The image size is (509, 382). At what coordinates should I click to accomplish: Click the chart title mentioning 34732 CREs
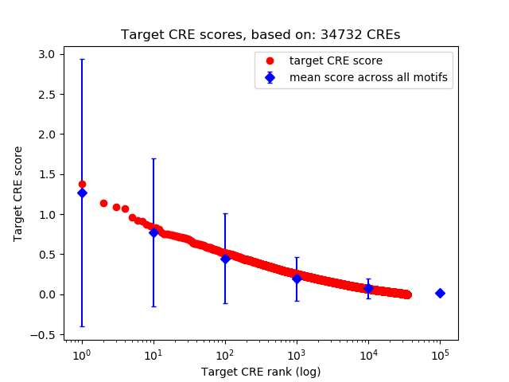click(x=260, y=35)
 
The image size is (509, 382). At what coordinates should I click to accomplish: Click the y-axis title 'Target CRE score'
click(x=18, y=193)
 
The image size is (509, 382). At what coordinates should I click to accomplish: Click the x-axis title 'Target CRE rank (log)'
click(x=260, y=372)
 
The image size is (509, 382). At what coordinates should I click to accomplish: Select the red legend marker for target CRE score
click(x=270, y=60)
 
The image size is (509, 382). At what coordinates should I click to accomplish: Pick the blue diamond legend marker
click(x=270, y=77)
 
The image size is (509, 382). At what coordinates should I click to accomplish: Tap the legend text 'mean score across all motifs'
click(x=369, y=77)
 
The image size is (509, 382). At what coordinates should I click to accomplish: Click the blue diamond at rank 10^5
click(x=440, y=293)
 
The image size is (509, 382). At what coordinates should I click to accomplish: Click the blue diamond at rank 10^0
click(x=82, y=193)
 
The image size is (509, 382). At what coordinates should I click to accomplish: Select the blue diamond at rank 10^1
click(x=153, y=232)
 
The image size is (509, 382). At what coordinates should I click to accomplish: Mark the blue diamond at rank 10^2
click(x=225, y=259)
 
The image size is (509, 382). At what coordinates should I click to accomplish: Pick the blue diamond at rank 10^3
click(x=297, y=279)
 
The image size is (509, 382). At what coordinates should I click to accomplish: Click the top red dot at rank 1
click(x=82, y=184)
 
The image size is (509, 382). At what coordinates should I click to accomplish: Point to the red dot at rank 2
click(x=103, y=203)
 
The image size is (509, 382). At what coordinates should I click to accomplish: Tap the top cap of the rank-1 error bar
click(x=82, y=59)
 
